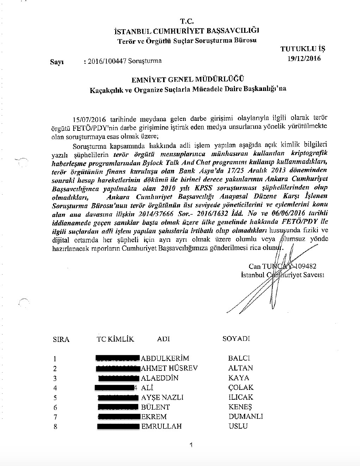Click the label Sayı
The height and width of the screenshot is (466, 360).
pos(57,62)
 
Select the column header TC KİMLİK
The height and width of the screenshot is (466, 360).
pos(115,339)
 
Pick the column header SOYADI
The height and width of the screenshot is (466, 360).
pos(236,339)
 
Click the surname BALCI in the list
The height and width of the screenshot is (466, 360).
pos(239,358)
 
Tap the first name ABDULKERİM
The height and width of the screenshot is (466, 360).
pos(165,358)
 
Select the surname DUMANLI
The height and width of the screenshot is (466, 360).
pos(246,416)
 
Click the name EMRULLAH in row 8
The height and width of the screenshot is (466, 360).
pos(161,426)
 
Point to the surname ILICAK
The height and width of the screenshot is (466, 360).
pos(241,397)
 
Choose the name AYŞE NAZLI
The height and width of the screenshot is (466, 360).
pos(162,397)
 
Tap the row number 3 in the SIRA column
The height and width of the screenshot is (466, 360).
pos(55,379)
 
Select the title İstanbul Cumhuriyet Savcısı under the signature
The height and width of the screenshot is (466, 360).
pos(283,275)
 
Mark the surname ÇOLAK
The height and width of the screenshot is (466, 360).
pos(241,387)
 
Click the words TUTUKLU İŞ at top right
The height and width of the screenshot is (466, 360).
pos(303,49)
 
